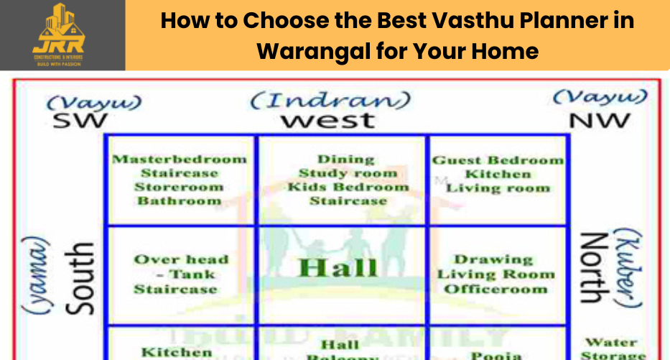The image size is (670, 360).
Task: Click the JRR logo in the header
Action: pyautogui.click(x=58, y=34)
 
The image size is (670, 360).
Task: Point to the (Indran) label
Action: pyautogui.click(x=330, y=100)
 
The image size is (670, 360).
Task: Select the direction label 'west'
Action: pyautogui.click(x=327, y=120)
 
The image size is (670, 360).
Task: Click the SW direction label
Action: pyautogui.click(x=80, y=120)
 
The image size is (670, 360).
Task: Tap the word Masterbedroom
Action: pyautogui.click(x=180, y=159)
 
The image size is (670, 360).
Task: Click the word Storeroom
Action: pyautogui.click(x=180, y=187)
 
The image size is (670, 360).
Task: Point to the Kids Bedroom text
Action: pyautogui.click(x=348, y=187)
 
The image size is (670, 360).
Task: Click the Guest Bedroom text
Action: pyautogui.click(x=498, y=160)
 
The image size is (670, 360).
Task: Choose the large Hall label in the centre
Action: pyautogui.click(x=338, y=267)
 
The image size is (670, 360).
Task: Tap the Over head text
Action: pyautogui.click(x=181, y=259)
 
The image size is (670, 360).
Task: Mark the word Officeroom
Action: pyautogui.click(x=495, y=289)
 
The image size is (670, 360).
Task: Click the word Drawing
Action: pyautogui.click(x=493, y=259)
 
